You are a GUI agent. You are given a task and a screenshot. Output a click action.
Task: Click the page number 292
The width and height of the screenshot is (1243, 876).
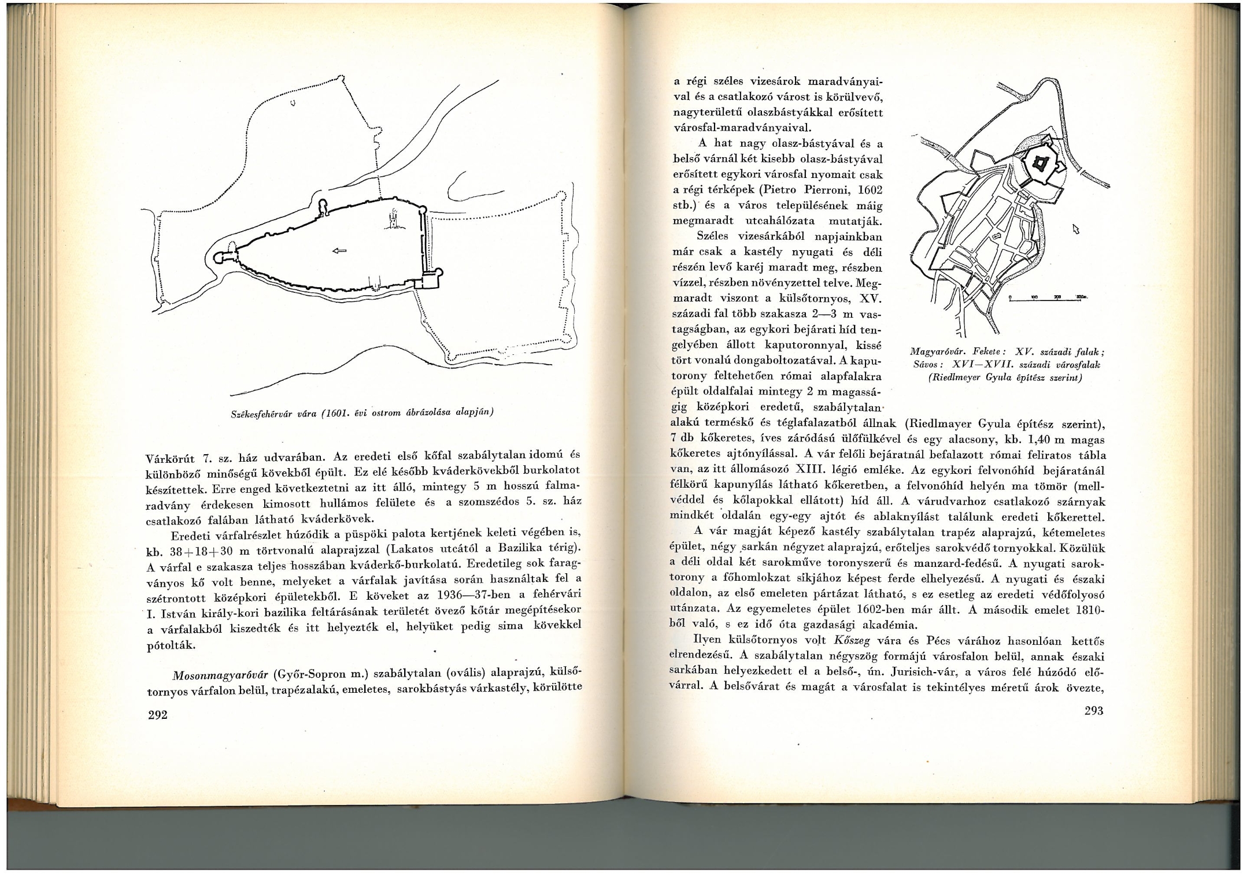157,715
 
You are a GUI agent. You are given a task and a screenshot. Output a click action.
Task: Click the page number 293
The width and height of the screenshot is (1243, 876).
1093,711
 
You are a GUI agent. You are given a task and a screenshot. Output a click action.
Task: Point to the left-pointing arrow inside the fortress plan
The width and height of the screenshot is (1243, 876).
339,250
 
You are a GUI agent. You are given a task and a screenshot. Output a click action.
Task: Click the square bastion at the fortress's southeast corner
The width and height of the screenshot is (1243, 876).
430,280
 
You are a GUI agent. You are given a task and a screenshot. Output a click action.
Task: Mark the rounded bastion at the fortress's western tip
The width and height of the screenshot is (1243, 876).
221,257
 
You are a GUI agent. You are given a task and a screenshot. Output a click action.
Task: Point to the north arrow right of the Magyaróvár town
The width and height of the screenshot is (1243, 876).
1076,229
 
